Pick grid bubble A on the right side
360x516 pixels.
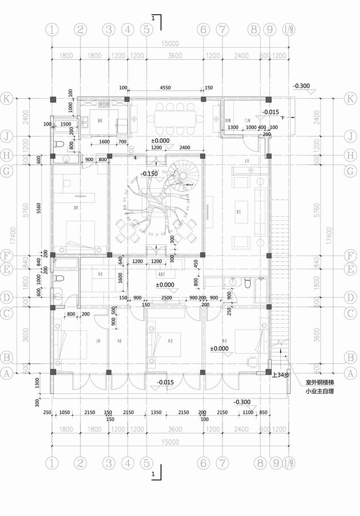(x=351, y=372)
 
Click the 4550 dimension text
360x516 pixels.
(x=165, y=88)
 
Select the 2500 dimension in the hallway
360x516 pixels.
(x=166, y=298)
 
